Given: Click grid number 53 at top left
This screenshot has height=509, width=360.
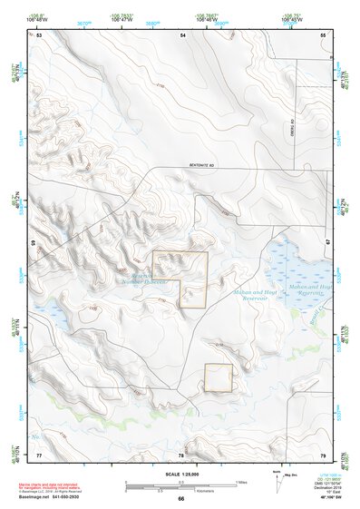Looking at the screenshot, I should [x=40, y=34].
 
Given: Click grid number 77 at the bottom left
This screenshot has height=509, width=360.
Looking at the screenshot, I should [x=39, y=454].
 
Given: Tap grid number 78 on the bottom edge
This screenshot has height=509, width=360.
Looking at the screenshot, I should [x=181, y=455].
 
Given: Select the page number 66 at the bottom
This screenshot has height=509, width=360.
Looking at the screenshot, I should [x=181, y=499].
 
